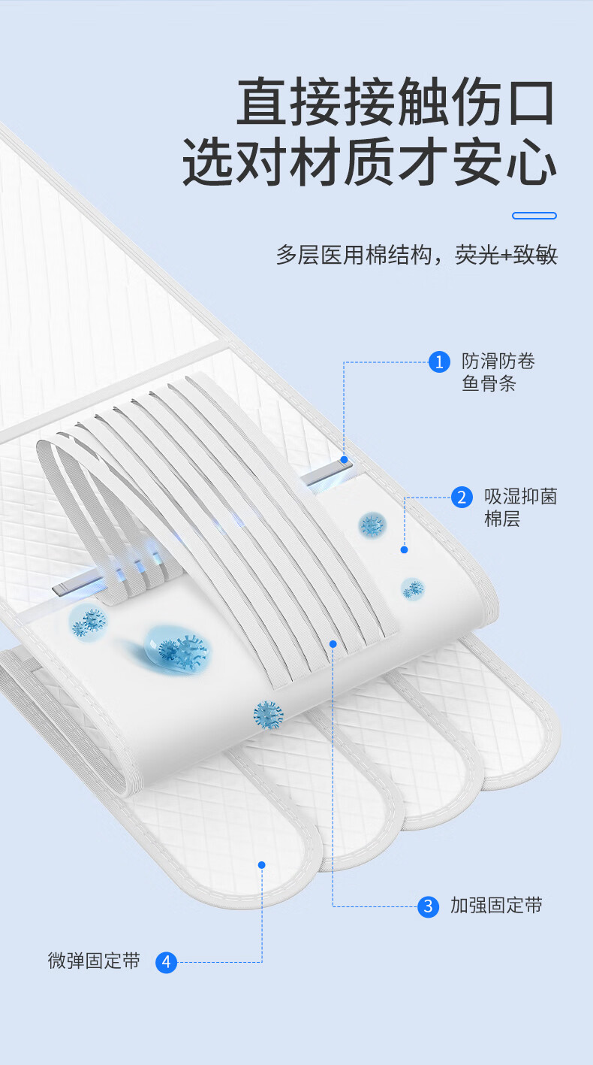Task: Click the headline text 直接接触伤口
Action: click(x=396, y=103)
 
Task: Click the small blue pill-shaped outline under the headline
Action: click(x=534, y=216)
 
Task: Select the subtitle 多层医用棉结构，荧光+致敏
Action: click(x=417, y=256)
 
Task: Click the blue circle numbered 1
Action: click(x=439, y=362)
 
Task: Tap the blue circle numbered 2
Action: click(x=462, y=497)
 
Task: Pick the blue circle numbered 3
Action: click(x=428, y=906)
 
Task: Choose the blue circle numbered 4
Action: click(x=166, y=962)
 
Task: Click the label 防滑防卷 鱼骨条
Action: click(x=498, y=372)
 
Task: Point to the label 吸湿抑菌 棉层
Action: click(x=520, y=507)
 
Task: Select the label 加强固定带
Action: click(x=496, y=906)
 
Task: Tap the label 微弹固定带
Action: click(x=94, y=961)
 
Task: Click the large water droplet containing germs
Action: click(x=177, y=647)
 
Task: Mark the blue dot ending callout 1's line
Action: click(x=344, y=459)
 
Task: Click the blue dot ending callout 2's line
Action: click(x=404, y=550)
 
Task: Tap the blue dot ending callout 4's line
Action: click(x=261, y=865)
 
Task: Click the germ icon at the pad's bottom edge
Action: click(x=268, y=713)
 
